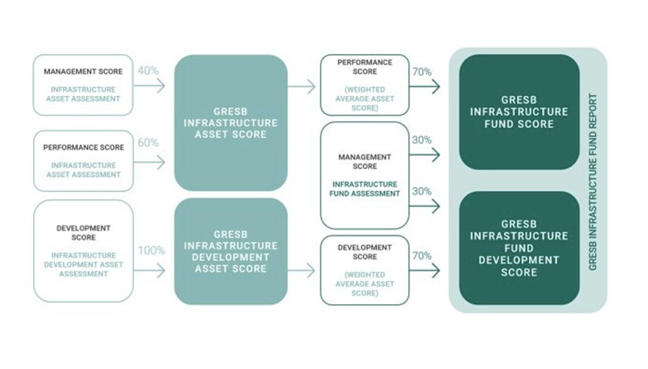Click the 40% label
tap(148, 70)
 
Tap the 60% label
tap(148, 143)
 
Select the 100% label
tap(152, 250)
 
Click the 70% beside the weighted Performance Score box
tap(422, 72)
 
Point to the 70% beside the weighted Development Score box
tap(422, 256)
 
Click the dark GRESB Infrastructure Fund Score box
tap(519, 112)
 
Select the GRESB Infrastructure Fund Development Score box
tap(519, 248)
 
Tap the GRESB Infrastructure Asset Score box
tap(231, 123)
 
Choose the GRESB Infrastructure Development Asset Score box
tap(231, 251)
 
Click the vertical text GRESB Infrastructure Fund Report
tap(593, 182)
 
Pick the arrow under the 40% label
tap(149, 86)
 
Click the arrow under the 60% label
tap(149, 162)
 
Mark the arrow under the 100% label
tap(149, 270)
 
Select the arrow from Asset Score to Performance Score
tap(301, 86)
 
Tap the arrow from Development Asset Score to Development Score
tap(301, 270)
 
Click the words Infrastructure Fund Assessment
tap(364, 189)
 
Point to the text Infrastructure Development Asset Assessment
tap(84, 264)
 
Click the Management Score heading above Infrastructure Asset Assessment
tap(83, 72)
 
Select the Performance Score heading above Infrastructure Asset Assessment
tap(84, 147)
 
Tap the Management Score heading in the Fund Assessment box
tap(364, 162)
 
